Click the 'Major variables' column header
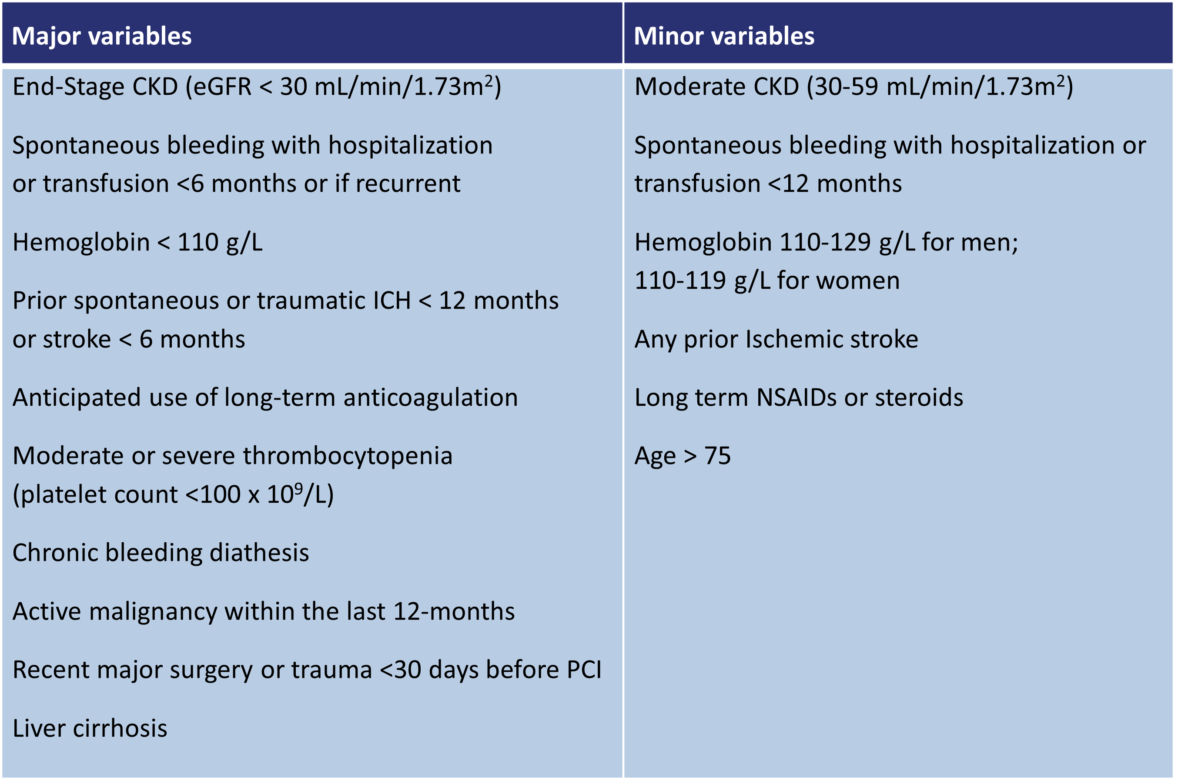pos(102,36)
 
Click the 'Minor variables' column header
pos(724,36)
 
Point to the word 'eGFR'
pos(222,87)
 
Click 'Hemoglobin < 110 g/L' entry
pos(137,243)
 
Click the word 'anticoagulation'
pos(431,398)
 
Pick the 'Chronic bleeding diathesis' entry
pos(161,553)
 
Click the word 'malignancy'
pos(153,612)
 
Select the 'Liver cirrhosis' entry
pos(90,728)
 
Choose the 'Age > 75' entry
pos(682,456)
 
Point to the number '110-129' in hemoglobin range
pos(825,243)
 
